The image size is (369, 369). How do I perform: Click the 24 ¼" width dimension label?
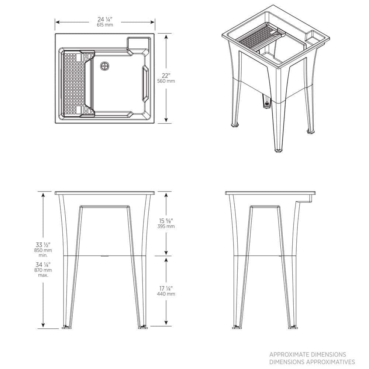click(x=105, y=19)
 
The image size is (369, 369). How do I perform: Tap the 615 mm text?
click(x=105, y=25)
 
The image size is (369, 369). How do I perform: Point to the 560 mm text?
click(x=166, y=81)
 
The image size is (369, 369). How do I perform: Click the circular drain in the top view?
click(x=105, y=66)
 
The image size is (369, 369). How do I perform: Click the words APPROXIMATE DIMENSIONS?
click(x=308, y=355)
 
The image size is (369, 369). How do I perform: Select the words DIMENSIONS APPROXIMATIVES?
click(x=312, y=362)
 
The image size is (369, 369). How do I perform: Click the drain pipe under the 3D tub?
click(x=266, y=101)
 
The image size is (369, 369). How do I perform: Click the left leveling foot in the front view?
click(x=66, y=326)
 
